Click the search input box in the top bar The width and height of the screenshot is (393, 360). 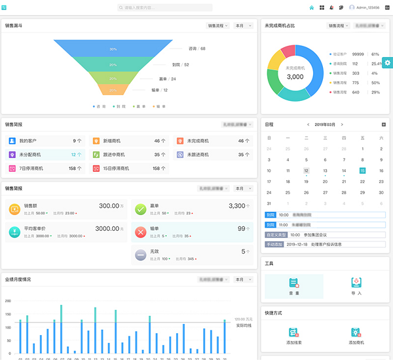click(165, 8)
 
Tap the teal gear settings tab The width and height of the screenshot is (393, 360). click(388, 62)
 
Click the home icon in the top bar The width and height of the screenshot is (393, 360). click(312, 8)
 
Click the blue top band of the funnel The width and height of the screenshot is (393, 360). click(113, 49)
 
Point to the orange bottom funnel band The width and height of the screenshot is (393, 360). click(113, 90)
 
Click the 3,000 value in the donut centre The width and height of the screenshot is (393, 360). click(295, 77)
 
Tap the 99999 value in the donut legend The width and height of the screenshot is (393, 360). click(358, 54)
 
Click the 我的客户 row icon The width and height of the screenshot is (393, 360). click(12, 140)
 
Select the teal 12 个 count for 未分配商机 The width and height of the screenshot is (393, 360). click(77, 155)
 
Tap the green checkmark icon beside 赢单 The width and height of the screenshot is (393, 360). click(140, 209)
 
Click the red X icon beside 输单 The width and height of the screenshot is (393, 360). click(140, 232)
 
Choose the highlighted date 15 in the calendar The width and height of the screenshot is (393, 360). click(362, 170)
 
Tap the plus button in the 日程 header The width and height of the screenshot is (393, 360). click(384, 124)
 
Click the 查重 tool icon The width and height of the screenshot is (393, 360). click(294, 283)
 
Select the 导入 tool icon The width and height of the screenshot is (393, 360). click(356, 283)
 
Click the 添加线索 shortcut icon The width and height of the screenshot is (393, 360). click(294, 332)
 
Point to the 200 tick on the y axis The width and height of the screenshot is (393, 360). click(8, 301)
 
